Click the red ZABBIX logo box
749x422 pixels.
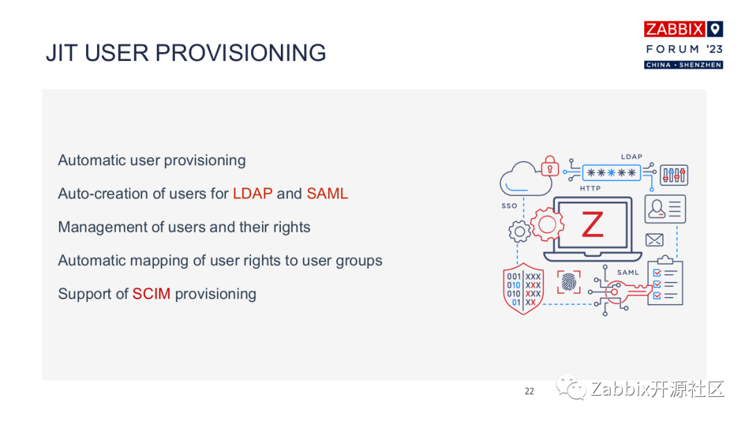pos(675,29)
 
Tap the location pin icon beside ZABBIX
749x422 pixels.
pos(714,29)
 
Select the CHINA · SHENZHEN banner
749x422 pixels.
pos(684,65)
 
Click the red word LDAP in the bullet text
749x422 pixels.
pos(252,194)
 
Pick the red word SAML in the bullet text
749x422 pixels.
pos(327,194)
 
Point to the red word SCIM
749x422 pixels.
pos(151,294)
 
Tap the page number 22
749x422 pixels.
pos(529,391)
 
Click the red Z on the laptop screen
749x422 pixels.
pos(592,225)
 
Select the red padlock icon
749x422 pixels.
pos(550,166)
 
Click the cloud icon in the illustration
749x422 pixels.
pos(524,179)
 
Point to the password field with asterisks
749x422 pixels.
pos(612,173)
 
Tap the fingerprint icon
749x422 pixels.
pos(569,282)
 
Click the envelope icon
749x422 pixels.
pos(654,240)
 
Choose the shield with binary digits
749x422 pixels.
pos(524,289)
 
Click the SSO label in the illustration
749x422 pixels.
pos(509,206)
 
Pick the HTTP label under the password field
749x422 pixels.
pos(590,188)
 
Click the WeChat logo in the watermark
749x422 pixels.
pos(570,387)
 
